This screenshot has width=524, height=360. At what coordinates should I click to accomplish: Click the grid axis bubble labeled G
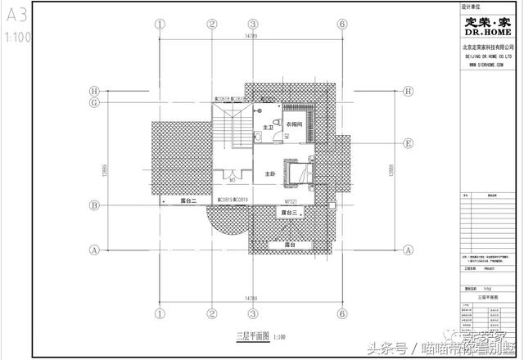coord(95,103)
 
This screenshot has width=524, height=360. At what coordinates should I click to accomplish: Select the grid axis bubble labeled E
coord(407,142)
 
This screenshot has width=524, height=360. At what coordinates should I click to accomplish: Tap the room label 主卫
coord(268,125)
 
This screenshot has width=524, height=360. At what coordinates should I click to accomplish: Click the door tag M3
coord(233,179)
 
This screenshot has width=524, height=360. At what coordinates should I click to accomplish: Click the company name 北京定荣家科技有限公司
coord(489,49)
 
